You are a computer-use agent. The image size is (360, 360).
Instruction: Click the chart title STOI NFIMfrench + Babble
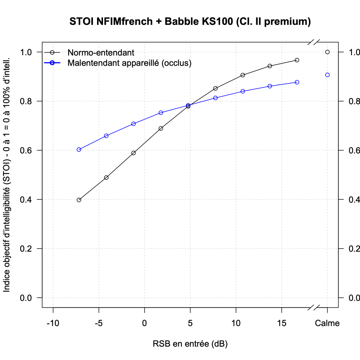coord(190,22)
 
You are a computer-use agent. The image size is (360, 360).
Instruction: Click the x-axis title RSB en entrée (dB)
coord(190,343)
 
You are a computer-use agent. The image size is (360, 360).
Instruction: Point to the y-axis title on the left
coord(7,174)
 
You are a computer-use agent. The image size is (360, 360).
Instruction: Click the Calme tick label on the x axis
coord(327,323)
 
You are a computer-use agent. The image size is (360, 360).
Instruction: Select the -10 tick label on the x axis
coord(53,323)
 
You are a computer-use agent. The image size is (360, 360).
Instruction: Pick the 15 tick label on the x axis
coord(282,323)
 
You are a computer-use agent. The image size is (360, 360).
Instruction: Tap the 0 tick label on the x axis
coord(144,323)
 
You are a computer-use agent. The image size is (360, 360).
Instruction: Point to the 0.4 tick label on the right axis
coord(354,200)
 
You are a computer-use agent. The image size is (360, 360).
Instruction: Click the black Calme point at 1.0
coord(327,52)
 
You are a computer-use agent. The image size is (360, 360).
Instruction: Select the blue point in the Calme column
coord(327,75)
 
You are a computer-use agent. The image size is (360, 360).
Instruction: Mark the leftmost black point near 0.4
coord(79,200)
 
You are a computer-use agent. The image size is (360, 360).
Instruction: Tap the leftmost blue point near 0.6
coord(79,149)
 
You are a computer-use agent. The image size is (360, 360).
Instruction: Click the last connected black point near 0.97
coord(297,60)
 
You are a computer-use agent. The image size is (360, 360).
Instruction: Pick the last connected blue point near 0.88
coord(297,82)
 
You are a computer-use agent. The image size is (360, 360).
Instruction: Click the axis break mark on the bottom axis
coord(314,308)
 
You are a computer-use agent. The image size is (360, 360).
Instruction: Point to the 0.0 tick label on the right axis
coord(354,298)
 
